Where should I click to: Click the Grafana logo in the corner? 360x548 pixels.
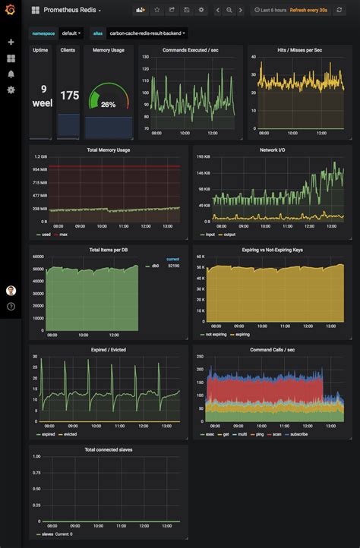coord(11,10)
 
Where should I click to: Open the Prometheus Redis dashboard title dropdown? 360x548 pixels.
coord(71,10)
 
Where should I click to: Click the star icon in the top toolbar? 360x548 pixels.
coord(157,10)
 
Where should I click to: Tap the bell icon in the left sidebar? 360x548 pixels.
coord(11,74)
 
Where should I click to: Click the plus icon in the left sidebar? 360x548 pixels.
coord(11,43)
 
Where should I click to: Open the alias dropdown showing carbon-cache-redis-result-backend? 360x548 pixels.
coord(147,33)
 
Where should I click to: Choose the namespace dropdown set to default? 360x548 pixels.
coord(71,33)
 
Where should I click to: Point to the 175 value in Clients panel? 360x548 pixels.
coord(69,96)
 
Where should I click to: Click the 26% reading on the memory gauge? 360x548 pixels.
coord(108,104)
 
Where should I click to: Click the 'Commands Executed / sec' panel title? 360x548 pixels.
coord(191,50)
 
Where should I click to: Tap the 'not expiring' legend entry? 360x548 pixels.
coord(216,335)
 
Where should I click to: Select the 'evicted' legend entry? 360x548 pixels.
coord(71,434)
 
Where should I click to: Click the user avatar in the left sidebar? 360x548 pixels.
coord(11,291)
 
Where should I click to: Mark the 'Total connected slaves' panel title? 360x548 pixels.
coord(109,450)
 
